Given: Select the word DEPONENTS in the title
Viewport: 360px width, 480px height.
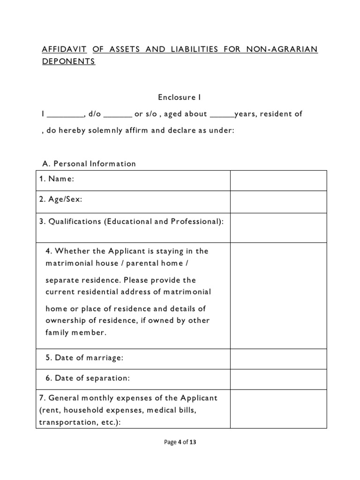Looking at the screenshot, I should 68,62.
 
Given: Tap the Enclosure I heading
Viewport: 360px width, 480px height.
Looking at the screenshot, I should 179,97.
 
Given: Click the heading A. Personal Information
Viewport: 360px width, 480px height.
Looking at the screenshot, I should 89,164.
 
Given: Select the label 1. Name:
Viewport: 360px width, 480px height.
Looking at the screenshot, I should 57,179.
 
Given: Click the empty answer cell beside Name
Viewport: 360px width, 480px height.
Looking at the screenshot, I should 277,180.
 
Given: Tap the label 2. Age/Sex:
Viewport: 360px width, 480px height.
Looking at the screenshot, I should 60,199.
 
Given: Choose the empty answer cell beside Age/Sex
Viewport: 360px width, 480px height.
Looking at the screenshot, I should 277,202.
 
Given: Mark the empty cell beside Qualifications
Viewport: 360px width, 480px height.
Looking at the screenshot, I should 277,227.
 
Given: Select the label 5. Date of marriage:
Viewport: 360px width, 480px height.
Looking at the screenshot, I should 84,358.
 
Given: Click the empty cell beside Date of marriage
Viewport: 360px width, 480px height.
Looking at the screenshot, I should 277,359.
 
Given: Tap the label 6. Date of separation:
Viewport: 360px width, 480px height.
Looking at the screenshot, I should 87,378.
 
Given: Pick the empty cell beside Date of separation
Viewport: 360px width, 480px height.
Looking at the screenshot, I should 277,379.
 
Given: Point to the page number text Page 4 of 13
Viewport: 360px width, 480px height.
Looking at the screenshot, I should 180,442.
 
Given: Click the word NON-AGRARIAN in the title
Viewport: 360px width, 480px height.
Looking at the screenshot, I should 283,49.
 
